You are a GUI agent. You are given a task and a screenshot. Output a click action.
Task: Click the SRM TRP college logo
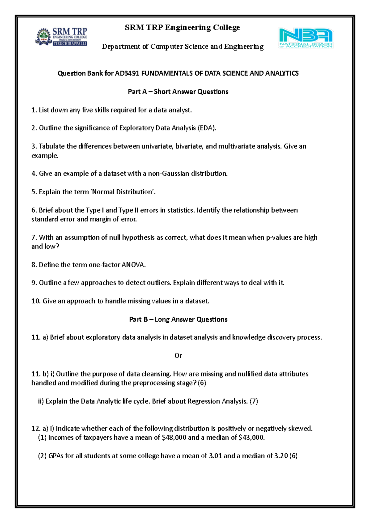62,37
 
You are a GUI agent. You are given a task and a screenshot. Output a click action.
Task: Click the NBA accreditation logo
306,38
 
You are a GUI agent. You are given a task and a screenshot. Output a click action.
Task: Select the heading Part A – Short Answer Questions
178,92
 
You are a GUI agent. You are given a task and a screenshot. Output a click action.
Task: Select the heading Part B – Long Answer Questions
178,319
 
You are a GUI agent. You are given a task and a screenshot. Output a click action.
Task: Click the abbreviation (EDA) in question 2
207,128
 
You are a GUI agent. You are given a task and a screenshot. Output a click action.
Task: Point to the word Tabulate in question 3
51,146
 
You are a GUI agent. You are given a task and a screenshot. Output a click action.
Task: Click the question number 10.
36,301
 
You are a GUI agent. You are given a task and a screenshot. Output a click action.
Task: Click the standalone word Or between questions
178,356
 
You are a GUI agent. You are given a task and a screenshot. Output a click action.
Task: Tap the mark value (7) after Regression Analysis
254,401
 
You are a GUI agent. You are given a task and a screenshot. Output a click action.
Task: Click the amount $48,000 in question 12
174,438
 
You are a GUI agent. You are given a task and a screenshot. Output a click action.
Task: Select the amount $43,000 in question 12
252,438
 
